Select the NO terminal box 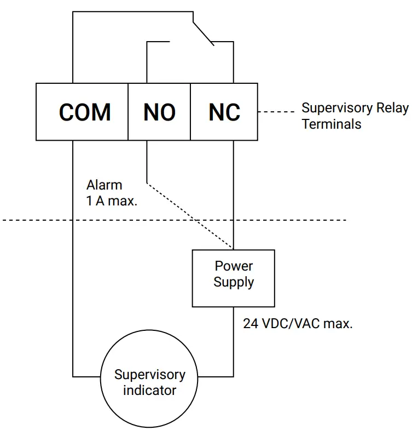(159, 112)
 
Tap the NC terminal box (224, 112)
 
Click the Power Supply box (233, 278)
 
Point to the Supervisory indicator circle (149, 382)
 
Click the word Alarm (104, 185)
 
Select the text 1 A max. (111, 200)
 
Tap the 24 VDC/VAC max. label (298, 324)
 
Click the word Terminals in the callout (332, 124)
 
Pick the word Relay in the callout (392, 108)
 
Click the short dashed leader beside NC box (276, 112)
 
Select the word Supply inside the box (234, 283)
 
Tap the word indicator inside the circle (149, 391)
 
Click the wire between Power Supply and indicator (234, 345)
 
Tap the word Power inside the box (234, 267)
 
